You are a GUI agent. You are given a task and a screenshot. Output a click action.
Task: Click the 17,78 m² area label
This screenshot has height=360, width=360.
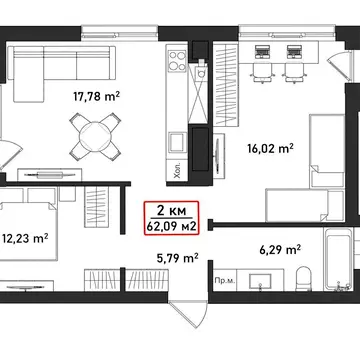point(96,97)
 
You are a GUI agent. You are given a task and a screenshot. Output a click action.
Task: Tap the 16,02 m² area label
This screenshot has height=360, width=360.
point(270,148)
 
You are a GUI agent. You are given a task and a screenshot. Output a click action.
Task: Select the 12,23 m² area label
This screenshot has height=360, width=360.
point(25,238)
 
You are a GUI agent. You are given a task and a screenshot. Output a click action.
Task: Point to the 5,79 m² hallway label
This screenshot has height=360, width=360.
point(178,258)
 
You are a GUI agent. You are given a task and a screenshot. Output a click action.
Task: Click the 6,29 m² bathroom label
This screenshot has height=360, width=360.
point(280,249)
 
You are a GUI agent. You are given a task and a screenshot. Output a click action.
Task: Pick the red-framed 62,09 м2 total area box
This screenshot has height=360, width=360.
point(171,218)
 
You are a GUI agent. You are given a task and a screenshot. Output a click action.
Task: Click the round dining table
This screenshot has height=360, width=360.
point(95,136)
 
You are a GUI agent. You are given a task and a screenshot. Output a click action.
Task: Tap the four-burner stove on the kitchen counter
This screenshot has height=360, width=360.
point(177,61)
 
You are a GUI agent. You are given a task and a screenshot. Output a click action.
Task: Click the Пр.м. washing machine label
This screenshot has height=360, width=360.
point(225,281)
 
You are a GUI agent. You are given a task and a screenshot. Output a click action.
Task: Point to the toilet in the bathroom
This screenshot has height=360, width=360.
point(304,279)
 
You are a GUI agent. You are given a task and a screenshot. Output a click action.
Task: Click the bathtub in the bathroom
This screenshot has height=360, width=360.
point(338,259)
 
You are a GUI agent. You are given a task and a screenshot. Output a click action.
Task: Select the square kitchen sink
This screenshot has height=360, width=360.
point(177,141)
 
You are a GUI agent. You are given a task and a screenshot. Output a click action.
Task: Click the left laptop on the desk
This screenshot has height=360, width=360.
point(262,52)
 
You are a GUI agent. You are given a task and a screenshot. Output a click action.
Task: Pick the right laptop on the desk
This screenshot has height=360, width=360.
point(294,52)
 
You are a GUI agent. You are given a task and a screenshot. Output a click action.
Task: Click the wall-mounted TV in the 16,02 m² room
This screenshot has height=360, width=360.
point(218,152)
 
